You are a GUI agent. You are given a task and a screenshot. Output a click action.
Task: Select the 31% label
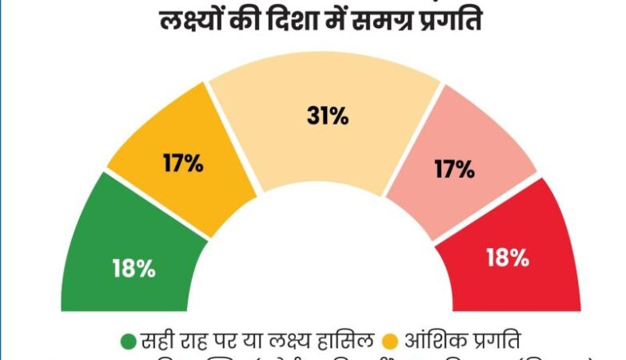point(328,117)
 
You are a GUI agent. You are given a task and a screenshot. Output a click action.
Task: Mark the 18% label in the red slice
point(508,258)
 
